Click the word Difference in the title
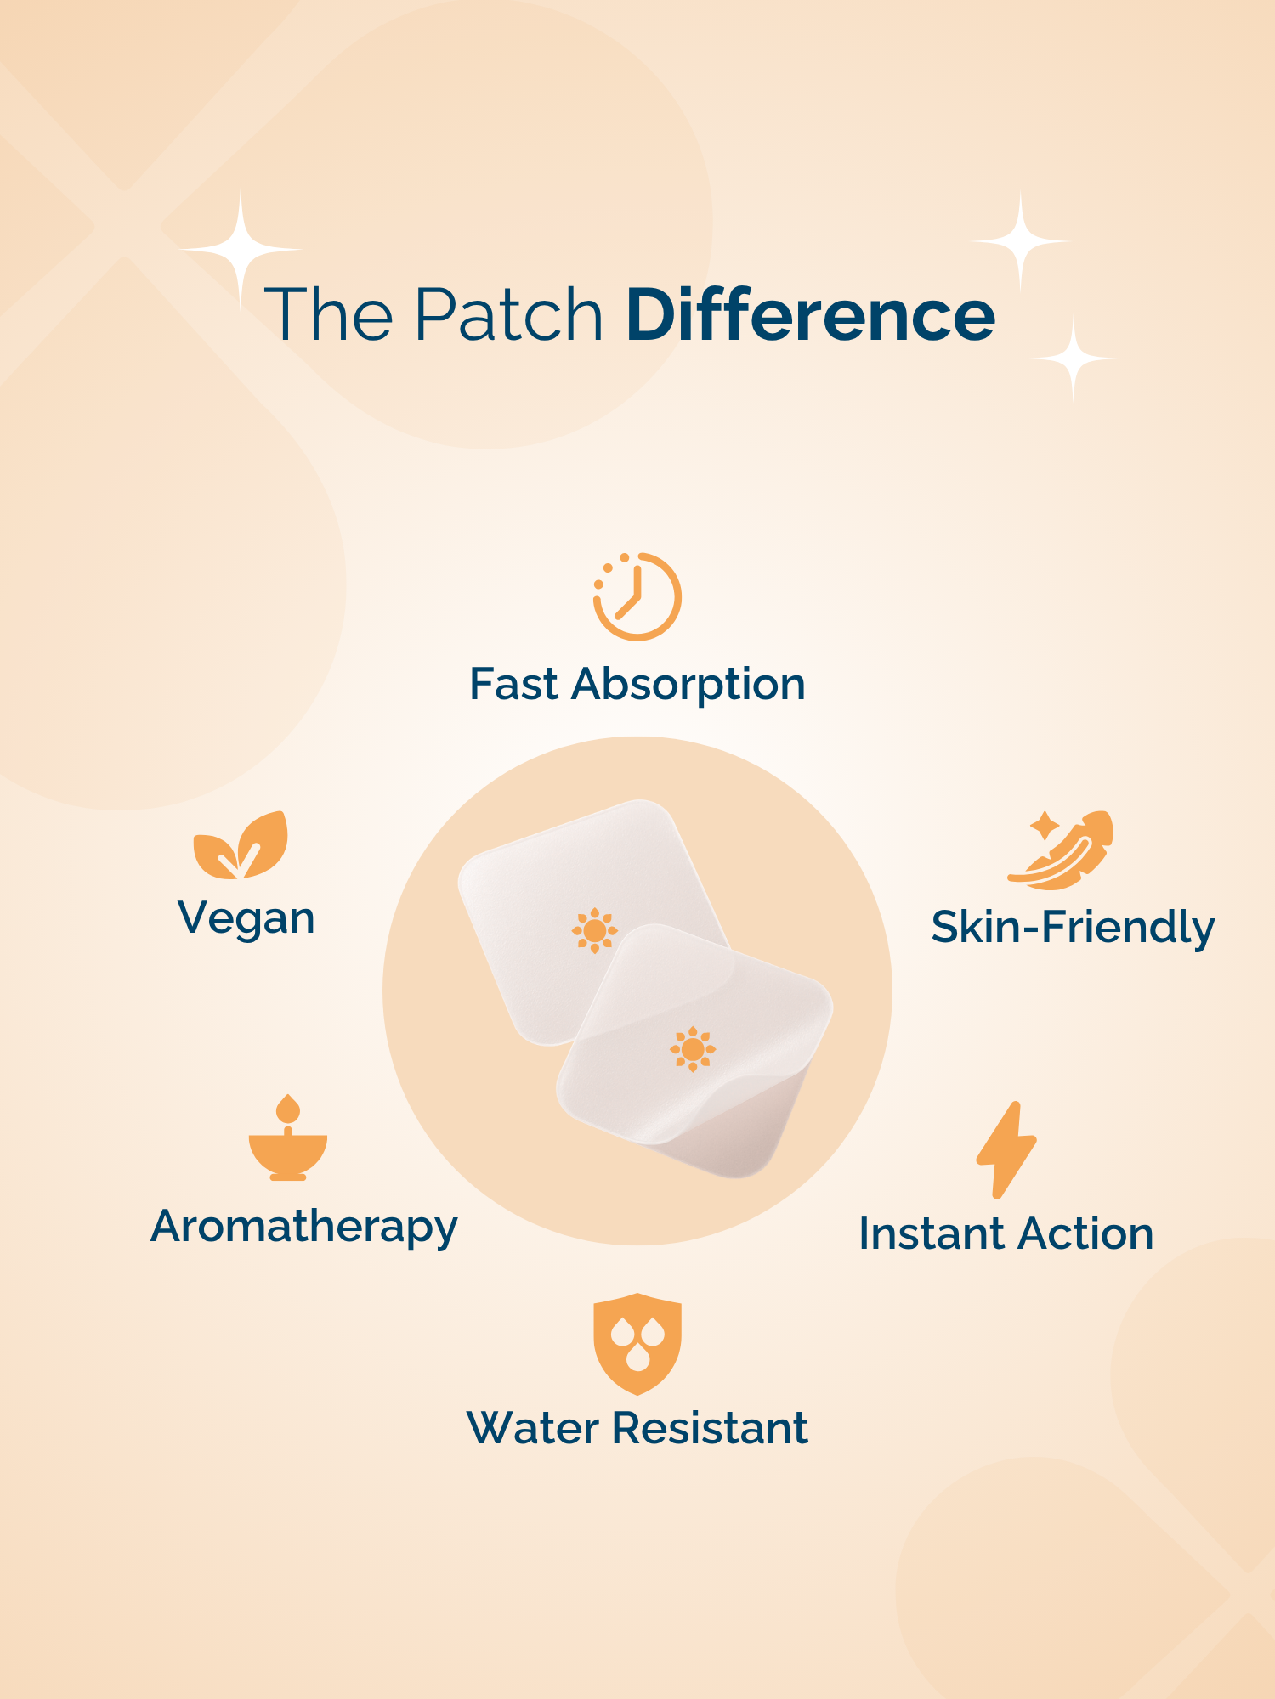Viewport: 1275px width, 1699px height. pos(810,314)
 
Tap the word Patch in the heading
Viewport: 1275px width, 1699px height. pos(508,314)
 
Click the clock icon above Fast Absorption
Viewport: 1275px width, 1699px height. pos(637,596)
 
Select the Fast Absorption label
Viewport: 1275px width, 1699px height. pos(637,685)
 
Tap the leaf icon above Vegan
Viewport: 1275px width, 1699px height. pos(241,845)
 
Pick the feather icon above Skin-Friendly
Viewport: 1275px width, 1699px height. pos(1061,849)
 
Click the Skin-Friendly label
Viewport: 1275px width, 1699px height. pos(1073,928)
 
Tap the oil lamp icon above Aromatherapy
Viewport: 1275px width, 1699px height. pos(288,1137)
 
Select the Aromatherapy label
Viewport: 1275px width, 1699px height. pos(304,1228)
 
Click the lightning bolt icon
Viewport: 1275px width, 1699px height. pos(1006,1150)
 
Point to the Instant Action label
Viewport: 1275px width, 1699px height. pos(1006,1233)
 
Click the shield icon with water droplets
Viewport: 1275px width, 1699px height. pos(637,1344)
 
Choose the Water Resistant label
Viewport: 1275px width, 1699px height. pos(637,1428)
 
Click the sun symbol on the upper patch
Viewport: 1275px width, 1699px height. pos(595,931)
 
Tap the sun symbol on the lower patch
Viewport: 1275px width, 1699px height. pos(693,1050)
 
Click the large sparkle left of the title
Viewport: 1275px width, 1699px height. pos(241,249)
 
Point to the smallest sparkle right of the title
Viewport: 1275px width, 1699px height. pos(1073,359)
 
